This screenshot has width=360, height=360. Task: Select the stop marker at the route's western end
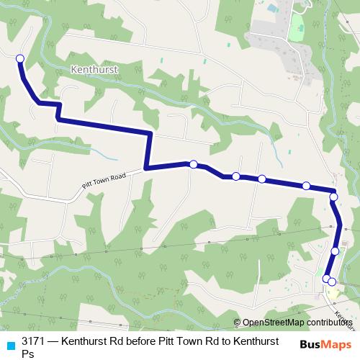coord(19,58)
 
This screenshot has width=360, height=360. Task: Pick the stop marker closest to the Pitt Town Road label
coord(193,164)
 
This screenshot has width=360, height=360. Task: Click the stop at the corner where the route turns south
coord(333,196)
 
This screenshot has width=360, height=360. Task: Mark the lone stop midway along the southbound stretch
coord(336,251)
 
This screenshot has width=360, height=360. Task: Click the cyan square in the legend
coord(9,343)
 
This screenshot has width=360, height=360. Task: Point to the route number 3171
coord(34,342)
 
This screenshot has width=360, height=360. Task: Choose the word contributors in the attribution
coord(328,323)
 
